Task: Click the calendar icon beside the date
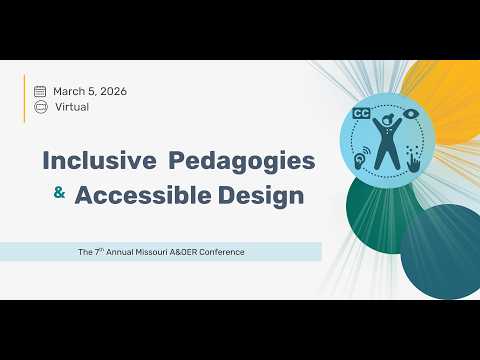click(40, 91)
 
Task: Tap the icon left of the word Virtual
click(40, 106)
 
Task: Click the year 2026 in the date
click(112, 91)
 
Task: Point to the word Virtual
click(71, 106)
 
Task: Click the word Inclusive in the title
click(99, 160)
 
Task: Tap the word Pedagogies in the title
click(241, 160)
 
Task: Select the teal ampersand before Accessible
click(59, 194)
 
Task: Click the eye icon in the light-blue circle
click(411, 125)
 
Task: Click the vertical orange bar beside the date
click(25, 97)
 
